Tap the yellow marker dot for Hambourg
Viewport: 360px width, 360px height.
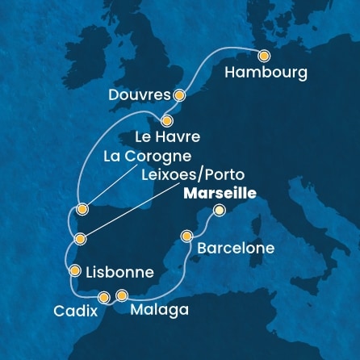(x=264, y=56)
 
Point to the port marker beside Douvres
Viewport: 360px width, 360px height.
(x=179, y=95)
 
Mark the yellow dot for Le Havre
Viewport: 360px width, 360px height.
(x=167, y=119)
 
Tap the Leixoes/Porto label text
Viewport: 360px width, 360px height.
(x=192, y=174)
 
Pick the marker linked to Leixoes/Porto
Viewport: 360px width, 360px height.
(x=80, y=239)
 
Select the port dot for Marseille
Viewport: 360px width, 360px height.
(x=218, y=211)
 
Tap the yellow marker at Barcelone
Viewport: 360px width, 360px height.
(x=186, y=237)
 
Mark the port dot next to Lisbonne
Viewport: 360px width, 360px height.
(x=75, y=271)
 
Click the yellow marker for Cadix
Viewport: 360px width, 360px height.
(x=103, y=298)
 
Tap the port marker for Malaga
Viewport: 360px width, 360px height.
(x=122, y=295)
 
